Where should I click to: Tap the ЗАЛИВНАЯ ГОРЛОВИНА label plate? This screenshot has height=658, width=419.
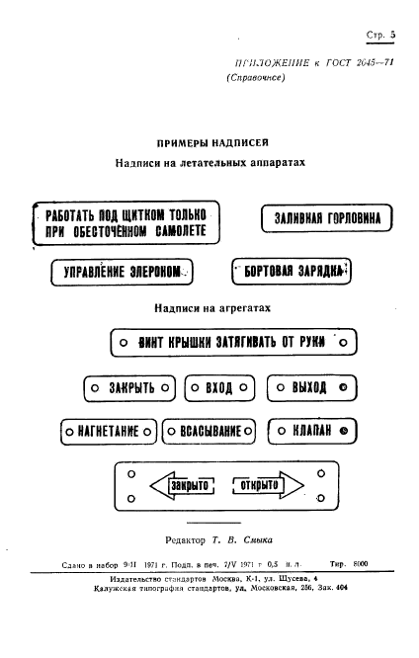coord(326,219)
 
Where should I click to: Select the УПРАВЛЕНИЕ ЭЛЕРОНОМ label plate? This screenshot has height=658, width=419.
coord(121,272)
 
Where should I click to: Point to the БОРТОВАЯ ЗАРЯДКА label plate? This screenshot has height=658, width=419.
coord(291,271)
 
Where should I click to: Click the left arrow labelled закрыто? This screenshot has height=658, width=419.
coord(185,485)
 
